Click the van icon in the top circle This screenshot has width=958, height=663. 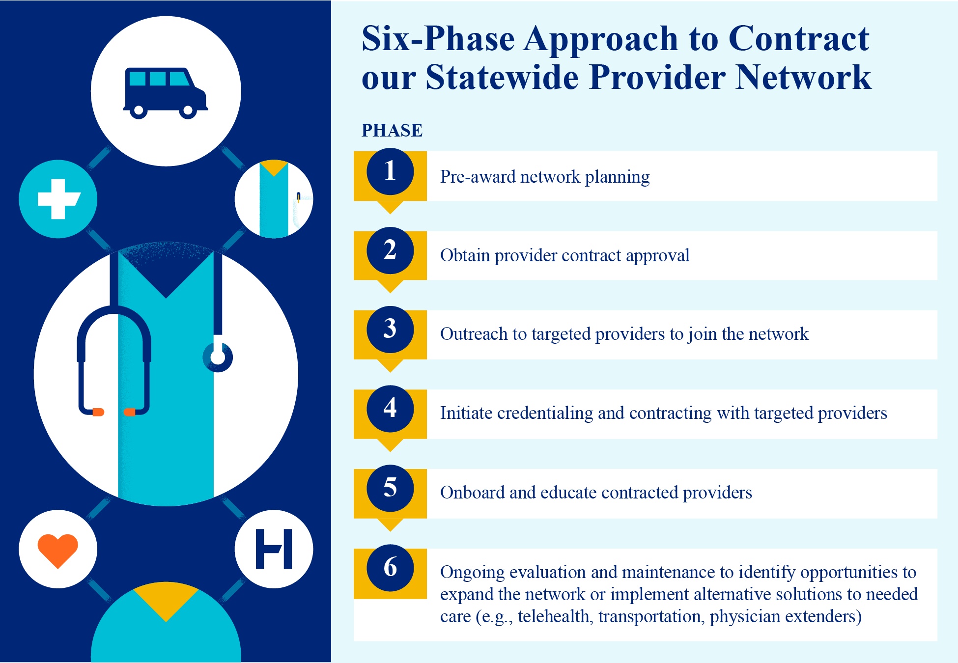coord(165,92)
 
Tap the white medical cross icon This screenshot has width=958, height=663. coord(58,199)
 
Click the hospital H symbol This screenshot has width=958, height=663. coord(274,549)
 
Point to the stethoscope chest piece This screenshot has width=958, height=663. coord(218,358)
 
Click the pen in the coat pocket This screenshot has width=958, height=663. coord(298,197)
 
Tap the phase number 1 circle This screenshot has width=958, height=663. coord(390,171)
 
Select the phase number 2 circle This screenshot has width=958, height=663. coord(390,250)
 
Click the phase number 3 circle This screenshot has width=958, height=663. coord(390,329)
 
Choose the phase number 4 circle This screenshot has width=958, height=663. coord(390,409)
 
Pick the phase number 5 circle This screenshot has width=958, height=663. coord(390,488)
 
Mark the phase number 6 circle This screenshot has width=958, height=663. coord(390,568)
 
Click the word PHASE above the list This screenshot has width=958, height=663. coord(392,131)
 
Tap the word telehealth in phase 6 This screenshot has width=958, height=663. coord(554,616)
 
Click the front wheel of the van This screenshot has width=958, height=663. coord(188,111)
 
